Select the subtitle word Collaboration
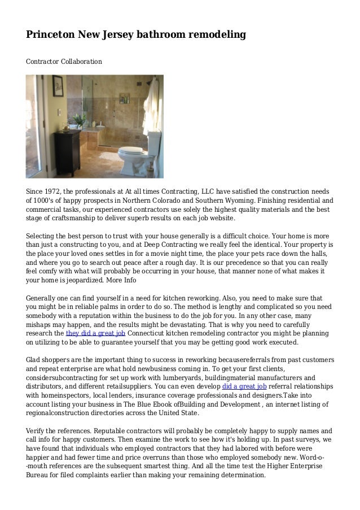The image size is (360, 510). (x=78, y=59)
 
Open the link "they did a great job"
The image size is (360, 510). (x=95, y=333)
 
